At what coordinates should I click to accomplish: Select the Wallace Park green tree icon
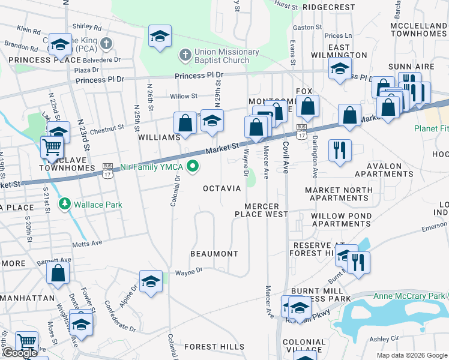(x=65, y=205)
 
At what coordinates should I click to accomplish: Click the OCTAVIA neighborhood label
(x=221, y=188)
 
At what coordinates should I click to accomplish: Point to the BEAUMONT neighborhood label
(x=214, y=254)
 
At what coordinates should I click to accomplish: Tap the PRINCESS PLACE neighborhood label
(x=44, y=60)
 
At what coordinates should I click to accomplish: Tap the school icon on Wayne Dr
(x=151, y=280)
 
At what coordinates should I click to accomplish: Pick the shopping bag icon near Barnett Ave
(x=58, y=272)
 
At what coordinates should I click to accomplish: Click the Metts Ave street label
(x=88, y=244)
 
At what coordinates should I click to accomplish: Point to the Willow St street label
(x=184, y=96)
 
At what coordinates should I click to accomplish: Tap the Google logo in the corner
(x=19, y=353)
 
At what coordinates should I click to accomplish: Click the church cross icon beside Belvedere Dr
(x=106, y=43)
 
